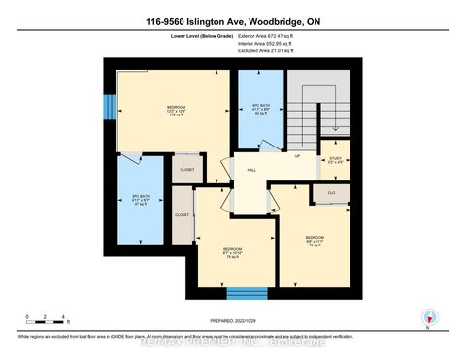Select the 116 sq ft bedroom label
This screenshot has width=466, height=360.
(175, 110)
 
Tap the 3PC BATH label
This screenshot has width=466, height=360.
(139, 201)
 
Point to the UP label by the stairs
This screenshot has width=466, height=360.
(297, 156)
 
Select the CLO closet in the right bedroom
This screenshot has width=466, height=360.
(331, 194)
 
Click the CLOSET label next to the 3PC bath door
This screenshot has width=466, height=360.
(187, 170)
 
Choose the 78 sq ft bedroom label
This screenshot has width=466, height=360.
(314, 239)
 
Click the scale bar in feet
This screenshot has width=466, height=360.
(47, 317)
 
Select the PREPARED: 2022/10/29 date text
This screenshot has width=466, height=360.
(234, 320)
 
